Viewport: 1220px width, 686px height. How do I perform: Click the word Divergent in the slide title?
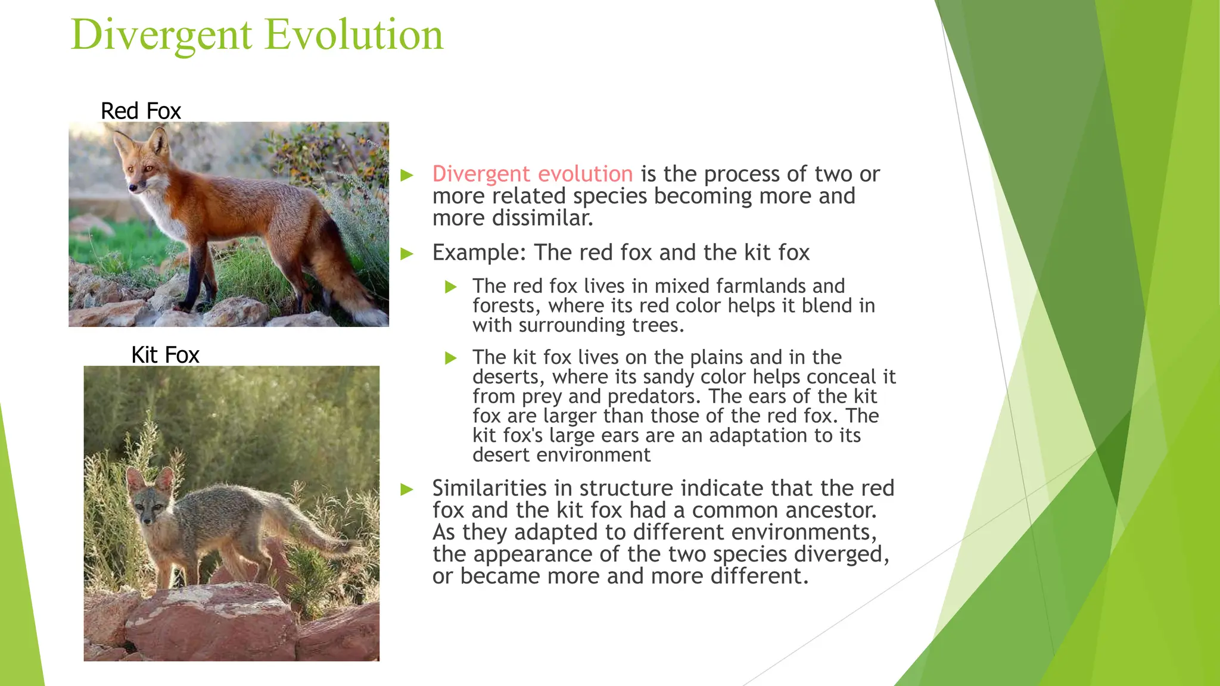click(x=161, y=35)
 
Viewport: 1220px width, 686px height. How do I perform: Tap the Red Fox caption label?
click(x=141, y=111)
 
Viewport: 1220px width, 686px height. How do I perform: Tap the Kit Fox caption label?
click(x=165, y=355)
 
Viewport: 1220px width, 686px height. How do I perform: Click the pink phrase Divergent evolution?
click(x=532, y=174)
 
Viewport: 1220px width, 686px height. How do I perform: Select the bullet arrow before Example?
click(x=407, y=254)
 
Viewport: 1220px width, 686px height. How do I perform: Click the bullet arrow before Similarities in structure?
click(x=407, y=489)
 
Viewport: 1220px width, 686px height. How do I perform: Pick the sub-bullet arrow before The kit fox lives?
click(x=451, y=358)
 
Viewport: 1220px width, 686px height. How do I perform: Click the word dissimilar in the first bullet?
click(x=541, y=218)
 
